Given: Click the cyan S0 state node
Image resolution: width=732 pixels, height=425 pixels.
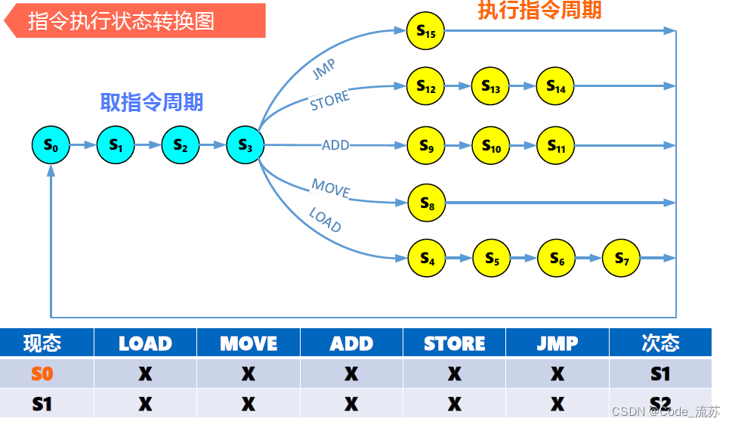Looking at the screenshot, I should point(51,145).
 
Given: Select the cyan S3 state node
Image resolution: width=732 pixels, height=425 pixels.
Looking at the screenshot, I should point(245,145).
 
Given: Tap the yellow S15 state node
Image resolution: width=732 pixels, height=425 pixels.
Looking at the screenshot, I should point(425,31).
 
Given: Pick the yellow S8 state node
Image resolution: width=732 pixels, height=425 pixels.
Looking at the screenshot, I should point(427,203).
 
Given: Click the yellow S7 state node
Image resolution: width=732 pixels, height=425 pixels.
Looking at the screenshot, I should point(622,259).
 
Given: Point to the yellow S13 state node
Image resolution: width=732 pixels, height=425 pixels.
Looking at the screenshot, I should point(490,87).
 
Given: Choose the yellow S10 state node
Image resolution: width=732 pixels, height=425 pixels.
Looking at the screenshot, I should point(491,146).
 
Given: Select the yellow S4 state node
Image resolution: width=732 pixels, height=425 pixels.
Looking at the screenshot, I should point(427,259).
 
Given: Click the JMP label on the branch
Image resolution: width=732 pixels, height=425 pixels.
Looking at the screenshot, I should point(323,69).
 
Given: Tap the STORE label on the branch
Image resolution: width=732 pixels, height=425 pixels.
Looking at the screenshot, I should point(330,101).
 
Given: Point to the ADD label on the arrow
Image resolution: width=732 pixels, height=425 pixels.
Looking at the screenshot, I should point(335,144).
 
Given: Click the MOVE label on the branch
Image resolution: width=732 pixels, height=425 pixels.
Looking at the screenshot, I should point(331,188).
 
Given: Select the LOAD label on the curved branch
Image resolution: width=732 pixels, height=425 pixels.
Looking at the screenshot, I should point(325,220).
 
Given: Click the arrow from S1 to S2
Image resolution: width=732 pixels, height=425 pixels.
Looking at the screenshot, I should point(148,145).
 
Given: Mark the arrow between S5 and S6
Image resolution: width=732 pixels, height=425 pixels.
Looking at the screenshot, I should point(524,259).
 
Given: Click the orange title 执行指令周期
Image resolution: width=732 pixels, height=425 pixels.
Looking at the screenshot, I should point(539,10).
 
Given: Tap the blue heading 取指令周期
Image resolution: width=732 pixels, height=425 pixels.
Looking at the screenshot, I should point(152,102).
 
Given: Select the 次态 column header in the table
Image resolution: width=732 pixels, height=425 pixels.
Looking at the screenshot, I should point(660,343).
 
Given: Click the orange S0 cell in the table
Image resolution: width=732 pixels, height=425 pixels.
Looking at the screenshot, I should point(42,374).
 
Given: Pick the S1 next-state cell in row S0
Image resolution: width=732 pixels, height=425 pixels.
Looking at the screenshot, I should point(660,374).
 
